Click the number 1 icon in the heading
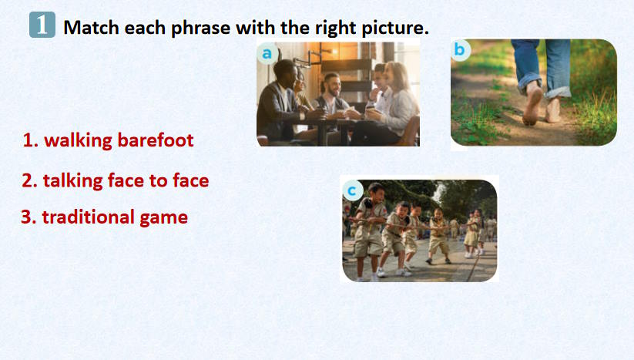[x=42, y=25]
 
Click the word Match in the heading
[x=92, y=28]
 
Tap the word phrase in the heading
[x=201, y=28]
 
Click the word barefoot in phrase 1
[x=156, y=140]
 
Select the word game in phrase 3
[x=163, y=218]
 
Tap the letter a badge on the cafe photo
[x=267, y=53]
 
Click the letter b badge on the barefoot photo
[x=460, y=50]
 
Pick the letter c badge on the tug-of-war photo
[x=352, y=190]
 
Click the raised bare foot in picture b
[x=532, y=103]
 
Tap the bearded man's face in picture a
[x=333, y=85]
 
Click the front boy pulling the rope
[x=370, y=231]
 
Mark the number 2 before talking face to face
[x=29, y=180]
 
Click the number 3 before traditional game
[x=29, y=217]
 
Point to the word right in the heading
[x=336, y=28]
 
